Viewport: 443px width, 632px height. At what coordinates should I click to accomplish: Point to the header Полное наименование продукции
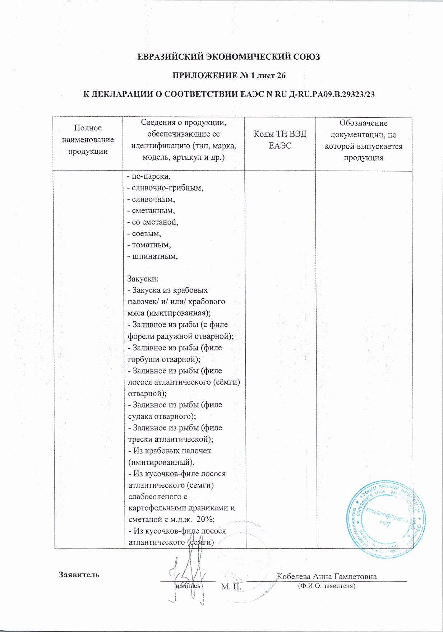coord(88,139)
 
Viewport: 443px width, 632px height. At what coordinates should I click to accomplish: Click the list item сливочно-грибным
coord(165,188)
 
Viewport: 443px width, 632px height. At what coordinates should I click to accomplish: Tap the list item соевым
coord(144,234)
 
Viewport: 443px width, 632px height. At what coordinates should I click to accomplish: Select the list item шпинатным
coord(153,256)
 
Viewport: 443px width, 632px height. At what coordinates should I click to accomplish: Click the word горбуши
coord(144,359)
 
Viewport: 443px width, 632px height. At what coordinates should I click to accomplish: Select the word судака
coord(140,417)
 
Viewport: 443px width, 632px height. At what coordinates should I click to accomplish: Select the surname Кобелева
coord(294,577)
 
